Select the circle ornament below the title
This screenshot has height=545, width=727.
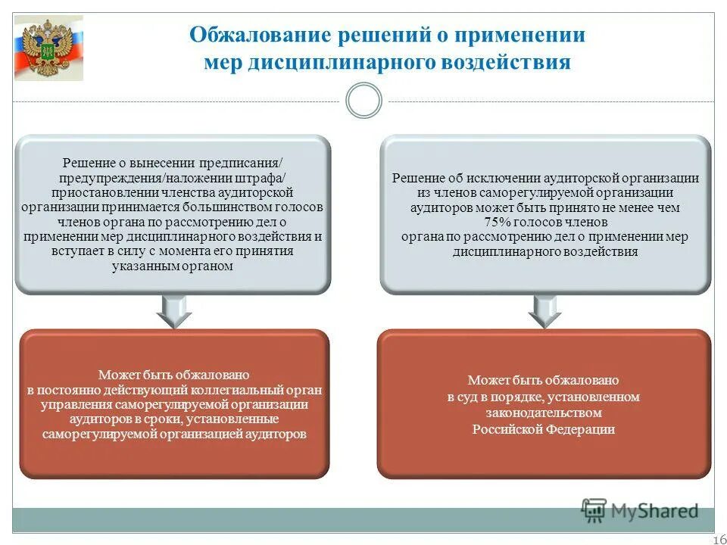click(x=363, y=101)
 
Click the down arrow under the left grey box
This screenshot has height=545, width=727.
click(x=173, y=310)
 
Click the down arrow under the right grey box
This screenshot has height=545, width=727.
click(x=544, y=310)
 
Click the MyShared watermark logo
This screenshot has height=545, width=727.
click(x=639, y=511)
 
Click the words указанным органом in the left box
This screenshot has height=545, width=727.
click(x=173, y=266)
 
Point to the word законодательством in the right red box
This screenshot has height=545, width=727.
click(x=544, y=413)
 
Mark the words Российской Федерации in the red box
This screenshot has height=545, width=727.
click(x=544, y=429)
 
